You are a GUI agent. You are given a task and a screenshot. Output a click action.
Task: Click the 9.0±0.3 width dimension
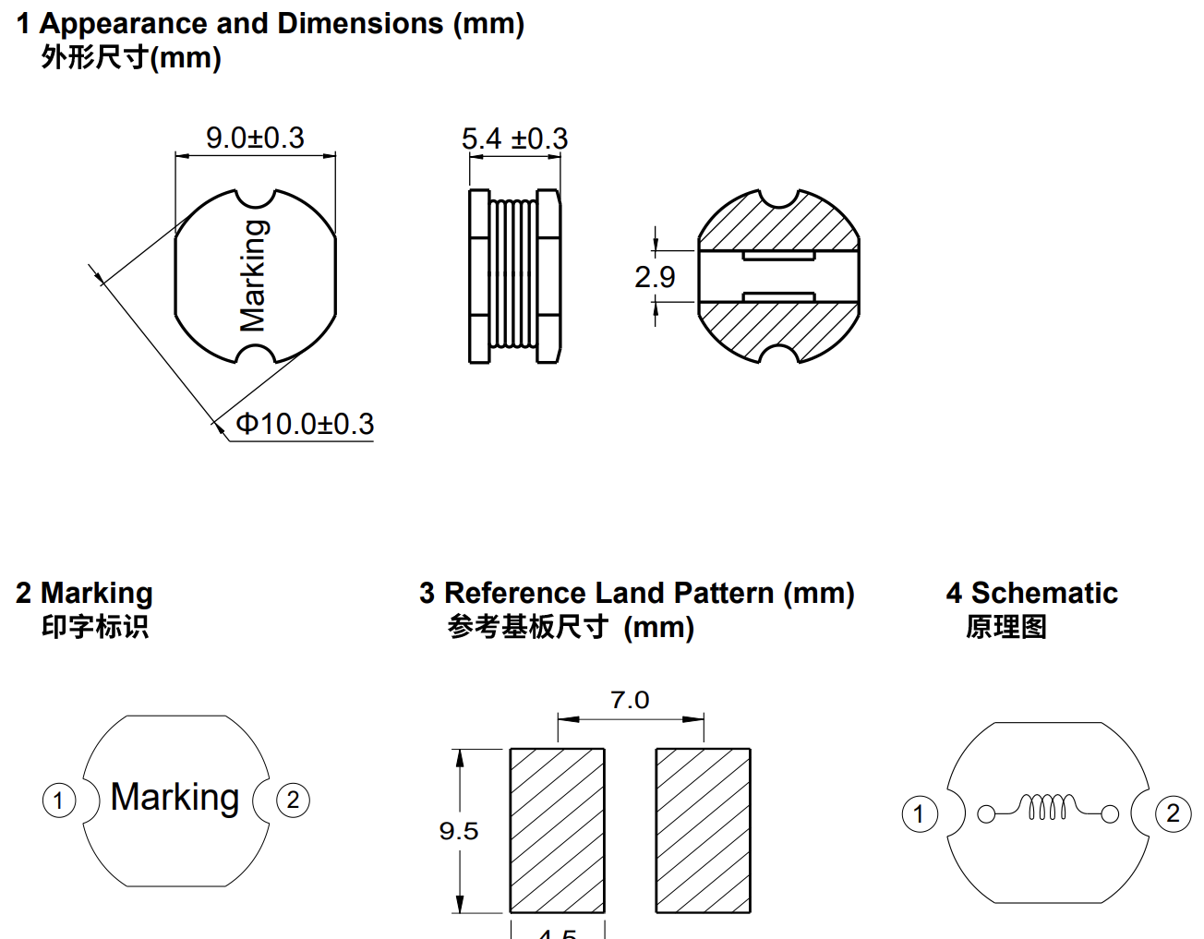[x=255, y=138]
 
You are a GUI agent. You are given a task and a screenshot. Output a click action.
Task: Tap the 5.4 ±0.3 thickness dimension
[x=514, y=139]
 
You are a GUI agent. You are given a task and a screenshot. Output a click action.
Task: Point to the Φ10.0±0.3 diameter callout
[x=305, y=425]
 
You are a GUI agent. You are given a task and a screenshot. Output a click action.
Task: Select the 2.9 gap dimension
[x=655, y=277]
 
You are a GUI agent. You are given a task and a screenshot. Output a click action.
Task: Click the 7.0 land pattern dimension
[x=630, y=701]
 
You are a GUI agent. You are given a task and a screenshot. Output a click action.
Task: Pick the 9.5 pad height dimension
[x=459, y=831]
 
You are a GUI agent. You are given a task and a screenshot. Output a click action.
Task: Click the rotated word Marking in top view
[x=253, y=276]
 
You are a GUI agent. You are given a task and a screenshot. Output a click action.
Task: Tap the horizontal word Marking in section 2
[x=175, y=798]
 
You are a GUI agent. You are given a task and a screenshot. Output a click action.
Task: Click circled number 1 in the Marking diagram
[x=59, y=800]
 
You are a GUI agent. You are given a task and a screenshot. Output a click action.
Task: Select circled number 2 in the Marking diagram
[x=294, y=800]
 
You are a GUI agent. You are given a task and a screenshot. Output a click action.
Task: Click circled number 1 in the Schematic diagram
[x=919, y=814]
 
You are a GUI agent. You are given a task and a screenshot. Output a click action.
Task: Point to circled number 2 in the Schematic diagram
[x=1173, y=814]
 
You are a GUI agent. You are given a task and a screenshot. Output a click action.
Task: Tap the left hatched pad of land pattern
[x=558, y=830]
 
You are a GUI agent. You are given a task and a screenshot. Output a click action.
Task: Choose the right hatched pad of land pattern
[x=703, y=830]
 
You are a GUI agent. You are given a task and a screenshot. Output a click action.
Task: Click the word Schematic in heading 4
[x=1044, y=593]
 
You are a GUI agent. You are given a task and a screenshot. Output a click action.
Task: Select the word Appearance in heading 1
[x=124, y=24]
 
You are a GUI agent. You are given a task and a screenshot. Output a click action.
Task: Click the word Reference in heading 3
[x=515, y=593]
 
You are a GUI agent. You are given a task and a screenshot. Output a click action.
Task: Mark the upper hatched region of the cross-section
[x=778, y=226]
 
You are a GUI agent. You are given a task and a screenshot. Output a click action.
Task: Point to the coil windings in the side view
[x=514, y=275]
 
